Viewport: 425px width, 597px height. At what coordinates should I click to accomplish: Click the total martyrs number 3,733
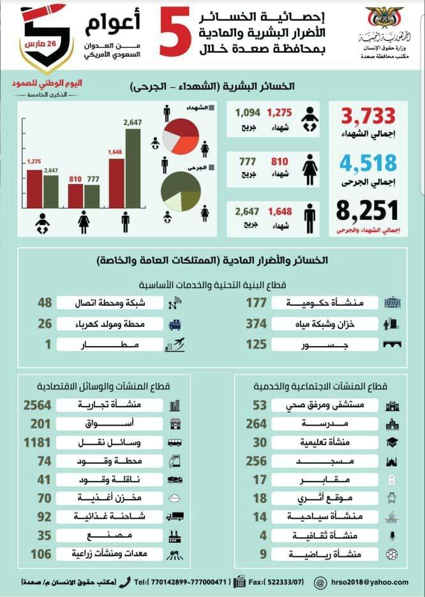pyautogui.click(x=369, y=117)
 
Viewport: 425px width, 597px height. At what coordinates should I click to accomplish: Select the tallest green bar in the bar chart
pyautogui.click(x=133, y=169)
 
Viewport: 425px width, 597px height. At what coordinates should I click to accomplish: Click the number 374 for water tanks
pyautogui.click(x=257, y=324)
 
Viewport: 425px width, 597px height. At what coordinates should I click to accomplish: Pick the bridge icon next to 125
pyautogui.click(x=391, y=345)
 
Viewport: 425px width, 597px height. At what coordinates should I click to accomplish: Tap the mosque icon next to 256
pyautogui.click(x=391, y=461)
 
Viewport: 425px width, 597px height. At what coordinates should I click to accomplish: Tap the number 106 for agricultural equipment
pyautogui.click(x=40, y=554)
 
